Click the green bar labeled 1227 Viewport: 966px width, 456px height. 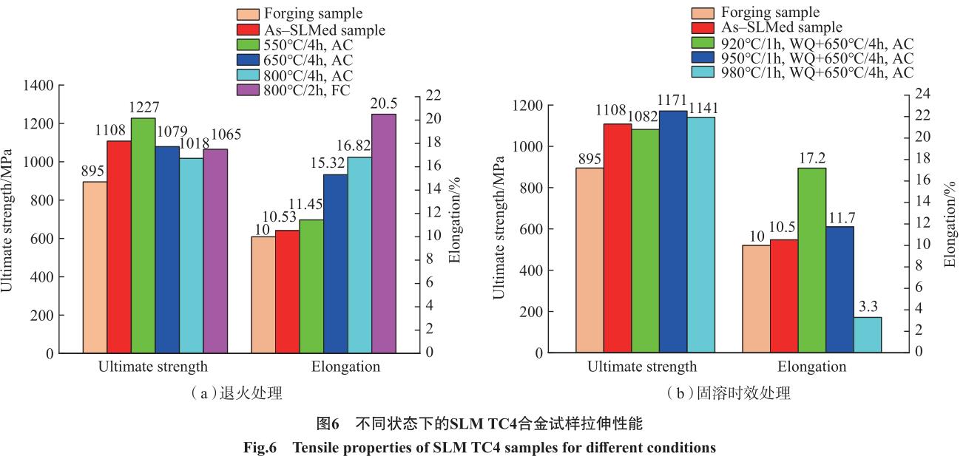tap(143, 236)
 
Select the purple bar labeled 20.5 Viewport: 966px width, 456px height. tap(384, 234)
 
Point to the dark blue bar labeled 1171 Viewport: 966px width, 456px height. tap(673, 232)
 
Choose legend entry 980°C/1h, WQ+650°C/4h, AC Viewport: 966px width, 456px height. tap(803, 72)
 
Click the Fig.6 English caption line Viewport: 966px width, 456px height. tap(479, 447)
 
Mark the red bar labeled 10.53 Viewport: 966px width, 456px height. tap(288, 292)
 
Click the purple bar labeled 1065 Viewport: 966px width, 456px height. tap(215, 251)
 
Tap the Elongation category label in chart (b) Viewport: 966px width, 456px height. tap(811, 367)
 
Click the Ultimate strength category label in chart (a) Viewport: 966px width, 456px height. tap(152, 367)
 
